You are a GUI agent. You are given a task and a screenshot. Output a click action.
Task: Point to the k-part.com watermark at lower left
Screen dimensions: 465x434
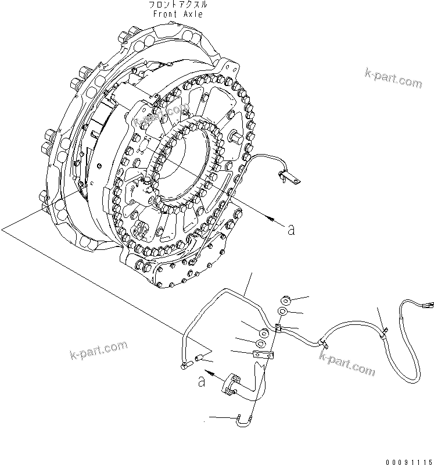(x=98, y=350)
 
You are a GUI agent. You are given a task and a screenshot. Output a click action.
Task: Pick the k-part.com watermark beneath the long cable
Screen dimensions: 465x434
(x=347, y=364)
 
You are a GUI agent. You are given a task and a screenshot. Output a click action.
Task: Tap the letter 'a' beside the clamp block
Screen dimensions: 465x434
(x=202, y=382)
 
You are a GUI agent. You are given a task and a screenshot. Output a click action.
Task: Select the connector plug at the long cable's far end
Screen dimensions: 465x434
(x=430, y=304)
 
